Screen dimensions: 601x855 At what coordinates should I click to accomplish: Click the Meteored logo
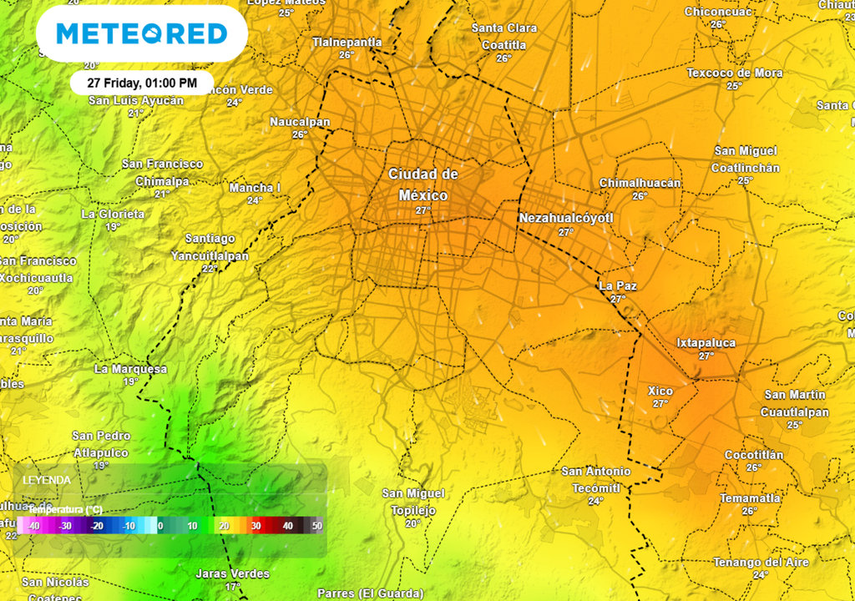[x=142, y=33]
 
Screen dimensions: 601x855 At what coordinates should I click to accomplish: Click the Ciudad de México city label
[x=423, y=184]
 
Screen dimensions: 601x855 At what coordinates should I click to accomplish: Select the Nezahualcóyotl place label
[x=566, y=218]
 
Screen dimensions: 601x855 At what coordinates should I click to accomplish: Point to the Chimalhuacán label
[x=640, y=183]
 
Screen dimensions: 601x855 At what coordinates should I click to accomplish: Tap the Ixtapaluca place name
[x=706, y=342]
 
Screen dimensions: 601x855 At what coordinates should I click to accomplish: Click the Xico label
[x=660, y=391]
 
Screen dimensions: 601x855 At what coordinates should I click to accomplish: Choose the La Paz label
[x=618, y=285]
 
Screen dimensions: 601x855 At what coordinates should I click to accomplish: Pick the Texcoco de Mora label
[x=735, y=73]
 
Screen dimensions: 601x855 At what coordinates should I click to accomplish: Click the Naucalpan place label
[x=300, y=122]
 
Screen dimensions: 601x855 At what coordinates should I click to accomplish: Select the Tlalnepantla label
[x=347, y=42]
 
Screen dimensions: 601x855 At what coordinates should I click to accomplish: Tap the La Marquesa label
[x=130, y=369]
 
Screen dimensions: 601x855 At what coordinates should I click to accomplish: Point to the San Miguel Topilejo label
[x=413, y=502]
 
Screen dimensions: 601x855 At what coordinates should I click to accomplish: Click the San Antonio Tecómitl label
[x=596, y=479]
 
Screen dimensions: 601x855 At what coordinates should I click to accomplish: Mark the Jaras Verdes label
[x=232, y=573]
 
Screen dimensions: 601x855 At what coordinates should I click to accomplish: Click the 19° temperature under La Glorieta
[x=113, y=226]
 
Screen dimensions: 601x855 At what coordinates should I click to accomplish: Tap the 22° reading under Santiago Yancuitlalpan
[x=210, y=268]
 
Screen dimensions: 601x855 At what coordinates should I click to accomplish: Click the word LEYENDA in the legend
[x=47, y=481]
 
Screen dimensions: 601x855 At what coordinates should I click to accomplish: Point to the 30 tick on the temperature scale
[x=256, y=526]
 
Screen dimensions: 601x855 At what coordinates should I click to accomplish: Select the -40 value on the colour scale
[x=34, y=526]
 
